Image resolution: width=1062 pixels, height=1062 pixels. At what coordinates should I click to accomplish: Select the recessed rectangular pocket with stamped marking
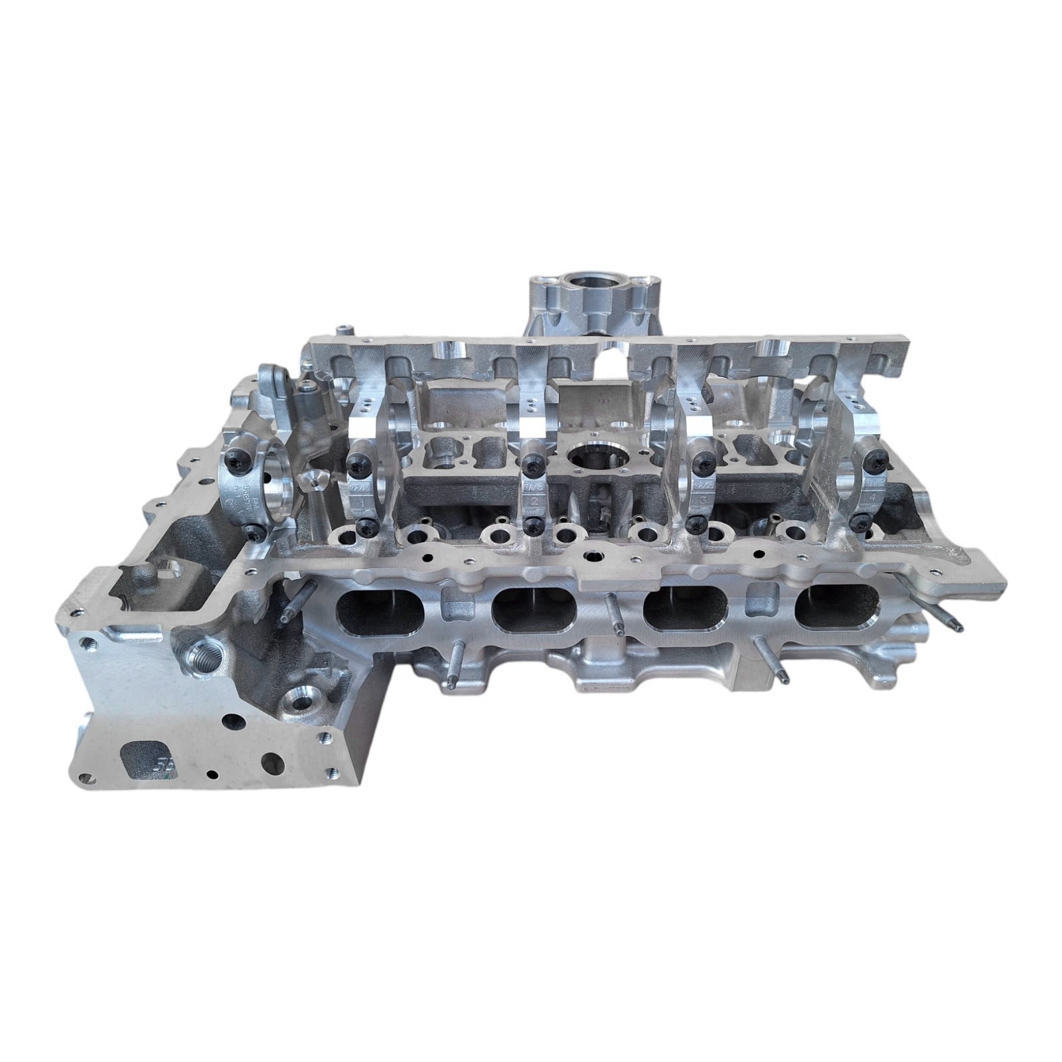(x=147, y=759)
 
